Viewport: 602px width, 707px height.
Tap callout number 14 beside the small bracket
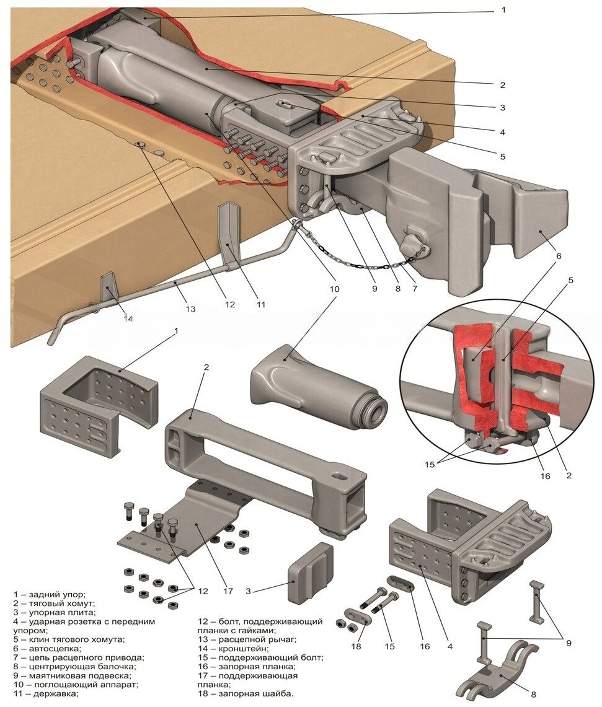128,318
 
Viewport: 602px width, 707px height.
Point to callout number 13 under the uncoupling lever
190,309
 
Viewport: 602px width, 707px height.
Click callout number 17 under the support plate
228,591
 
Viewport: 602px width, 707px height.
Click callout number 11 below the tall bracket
261,304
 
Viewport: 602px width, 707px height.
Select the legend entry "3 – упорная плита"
50,612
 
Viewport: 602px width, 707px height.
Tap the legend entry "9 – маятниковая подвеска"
71,675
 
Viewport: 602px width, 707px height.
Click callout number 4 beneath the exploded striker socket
450,646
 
